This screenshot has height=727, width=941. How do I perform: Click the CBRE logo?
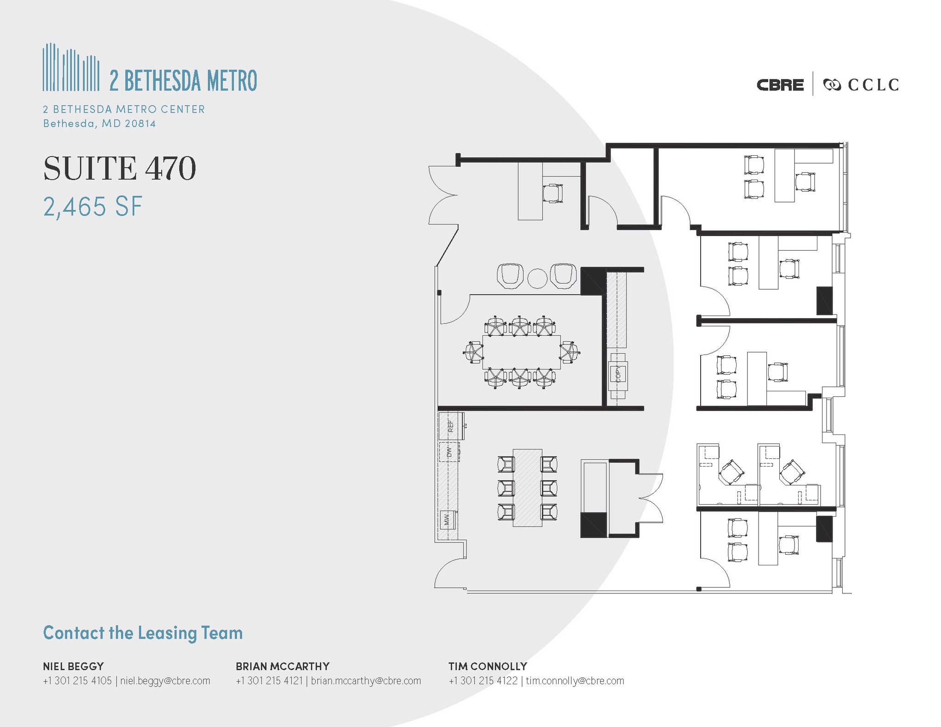780,85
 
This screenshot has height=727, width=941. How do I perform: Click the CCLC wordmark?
873,85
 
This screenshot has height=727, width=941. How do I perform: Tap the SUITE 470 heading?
119,168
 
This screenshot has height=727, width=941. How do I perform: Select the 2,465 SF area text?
93,207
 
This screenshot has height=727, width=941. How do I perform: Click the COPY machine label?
618,374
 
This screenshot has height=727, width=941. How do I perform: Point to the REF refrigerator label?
451,426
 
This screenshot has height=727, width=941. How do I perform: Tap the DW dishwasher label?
449,452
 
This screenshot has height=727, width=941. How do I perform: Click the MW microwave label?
446,520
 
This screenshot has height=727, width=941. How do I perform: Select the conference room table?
521,352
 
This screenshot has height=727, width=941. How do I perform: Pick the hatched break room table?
527,488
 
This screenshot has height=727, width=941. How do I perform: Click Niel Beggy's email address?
165,681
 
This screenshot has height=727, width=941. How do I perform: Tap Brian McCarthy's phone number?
269,681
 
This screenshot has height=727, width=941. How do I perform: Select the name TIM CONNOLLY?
488,666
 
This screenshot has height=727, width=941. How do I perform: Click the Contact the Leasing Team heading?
143,633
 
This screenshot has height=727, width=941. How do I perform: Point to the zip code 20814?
141,124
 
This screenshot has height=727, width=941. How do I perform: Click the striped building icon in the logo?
71,67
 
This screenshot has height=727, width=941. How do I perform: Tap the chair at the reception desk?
552,193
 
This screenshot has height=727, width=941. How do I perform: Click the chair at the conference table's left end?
473,352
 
